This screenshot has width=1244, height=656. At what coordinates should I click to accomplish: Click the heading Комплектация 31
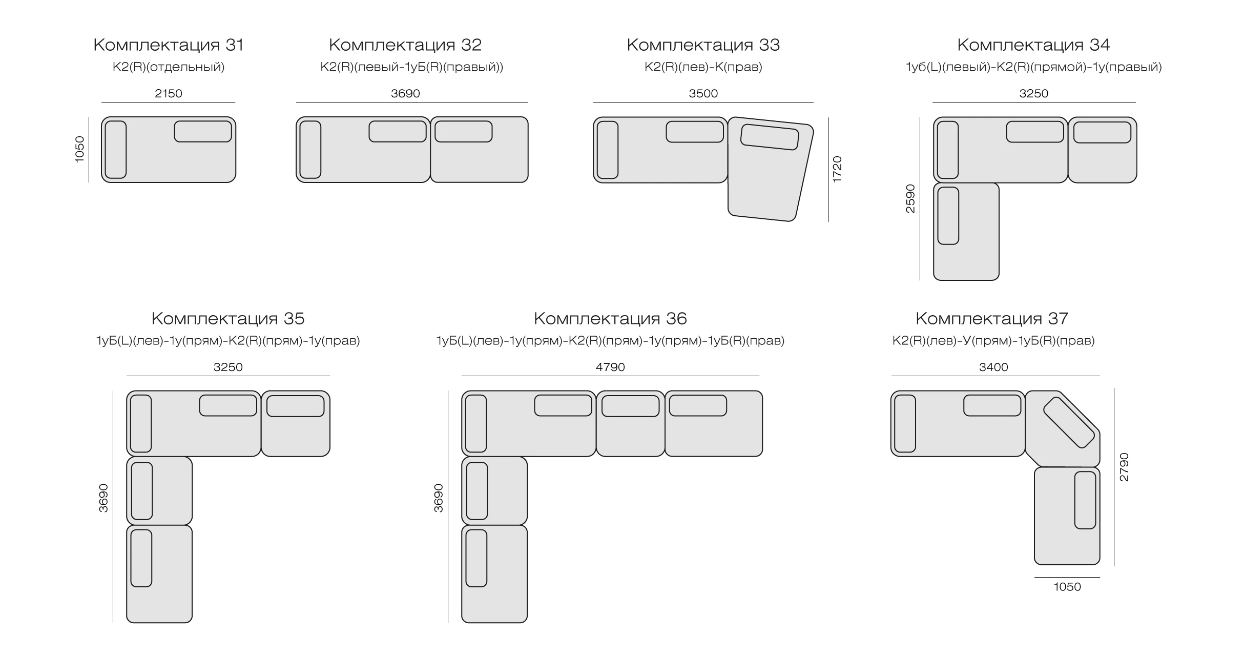coord(169,45)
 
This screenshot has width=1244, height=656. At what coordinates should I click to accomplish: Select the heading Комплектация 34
coord(1033,45)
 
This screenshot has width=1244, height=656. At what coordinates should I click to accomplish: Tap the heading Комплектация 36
coord(610,319)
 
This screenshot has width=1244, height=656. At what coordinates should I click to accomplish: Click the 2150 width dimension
coord(169,93)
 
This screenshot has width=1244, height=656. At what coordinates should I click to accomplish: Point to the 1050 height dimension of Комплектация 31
coord(79,150)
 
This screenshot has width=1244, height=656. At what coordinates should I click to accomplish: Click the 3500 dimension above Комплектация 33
coord(703,93)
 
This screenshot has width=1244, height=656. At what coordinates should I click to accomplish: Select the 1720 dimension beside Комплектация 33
coord(837,170)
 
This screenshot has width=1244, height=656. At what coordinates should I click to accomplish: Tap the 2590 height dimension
coord(910,199)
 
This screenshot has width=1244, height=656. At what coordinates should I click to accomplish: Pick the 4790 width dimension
coord(610,367)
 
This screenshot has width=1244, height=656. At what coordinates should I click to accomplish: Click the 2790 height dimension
coord(1124,467)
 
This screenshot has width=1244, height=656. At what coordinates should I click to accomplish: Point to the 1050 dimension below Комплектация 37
coord(1067,587)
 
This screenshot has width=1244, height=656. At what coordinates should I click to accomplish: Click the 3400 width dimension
coord(993,367)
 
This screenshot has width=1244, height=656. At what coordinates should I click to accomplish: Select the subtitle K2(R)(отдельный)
coord(169,67)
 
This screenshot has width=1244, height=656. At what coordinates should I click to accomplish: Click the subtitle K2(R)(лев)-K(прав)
coord(703,67)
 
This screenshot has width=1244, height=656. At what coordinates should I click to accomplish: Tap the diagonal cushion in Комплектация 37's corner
coord(1068,422)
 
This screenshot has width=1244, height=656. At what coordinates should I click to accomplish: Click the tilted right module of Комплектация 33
coord(770,169)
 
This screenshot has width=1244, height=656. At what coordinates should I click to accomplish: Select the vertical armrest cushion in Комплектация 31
coord(115,150)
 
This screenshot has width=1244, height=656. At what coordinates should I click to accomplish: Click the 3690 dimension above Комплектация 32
coord(405,93)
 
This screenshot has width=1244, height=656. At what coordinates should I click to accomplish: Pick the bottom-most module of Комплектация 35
coord(159,574)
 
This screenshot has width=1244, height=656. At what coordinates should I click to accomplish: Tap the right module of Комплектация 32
coord(479,150)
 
